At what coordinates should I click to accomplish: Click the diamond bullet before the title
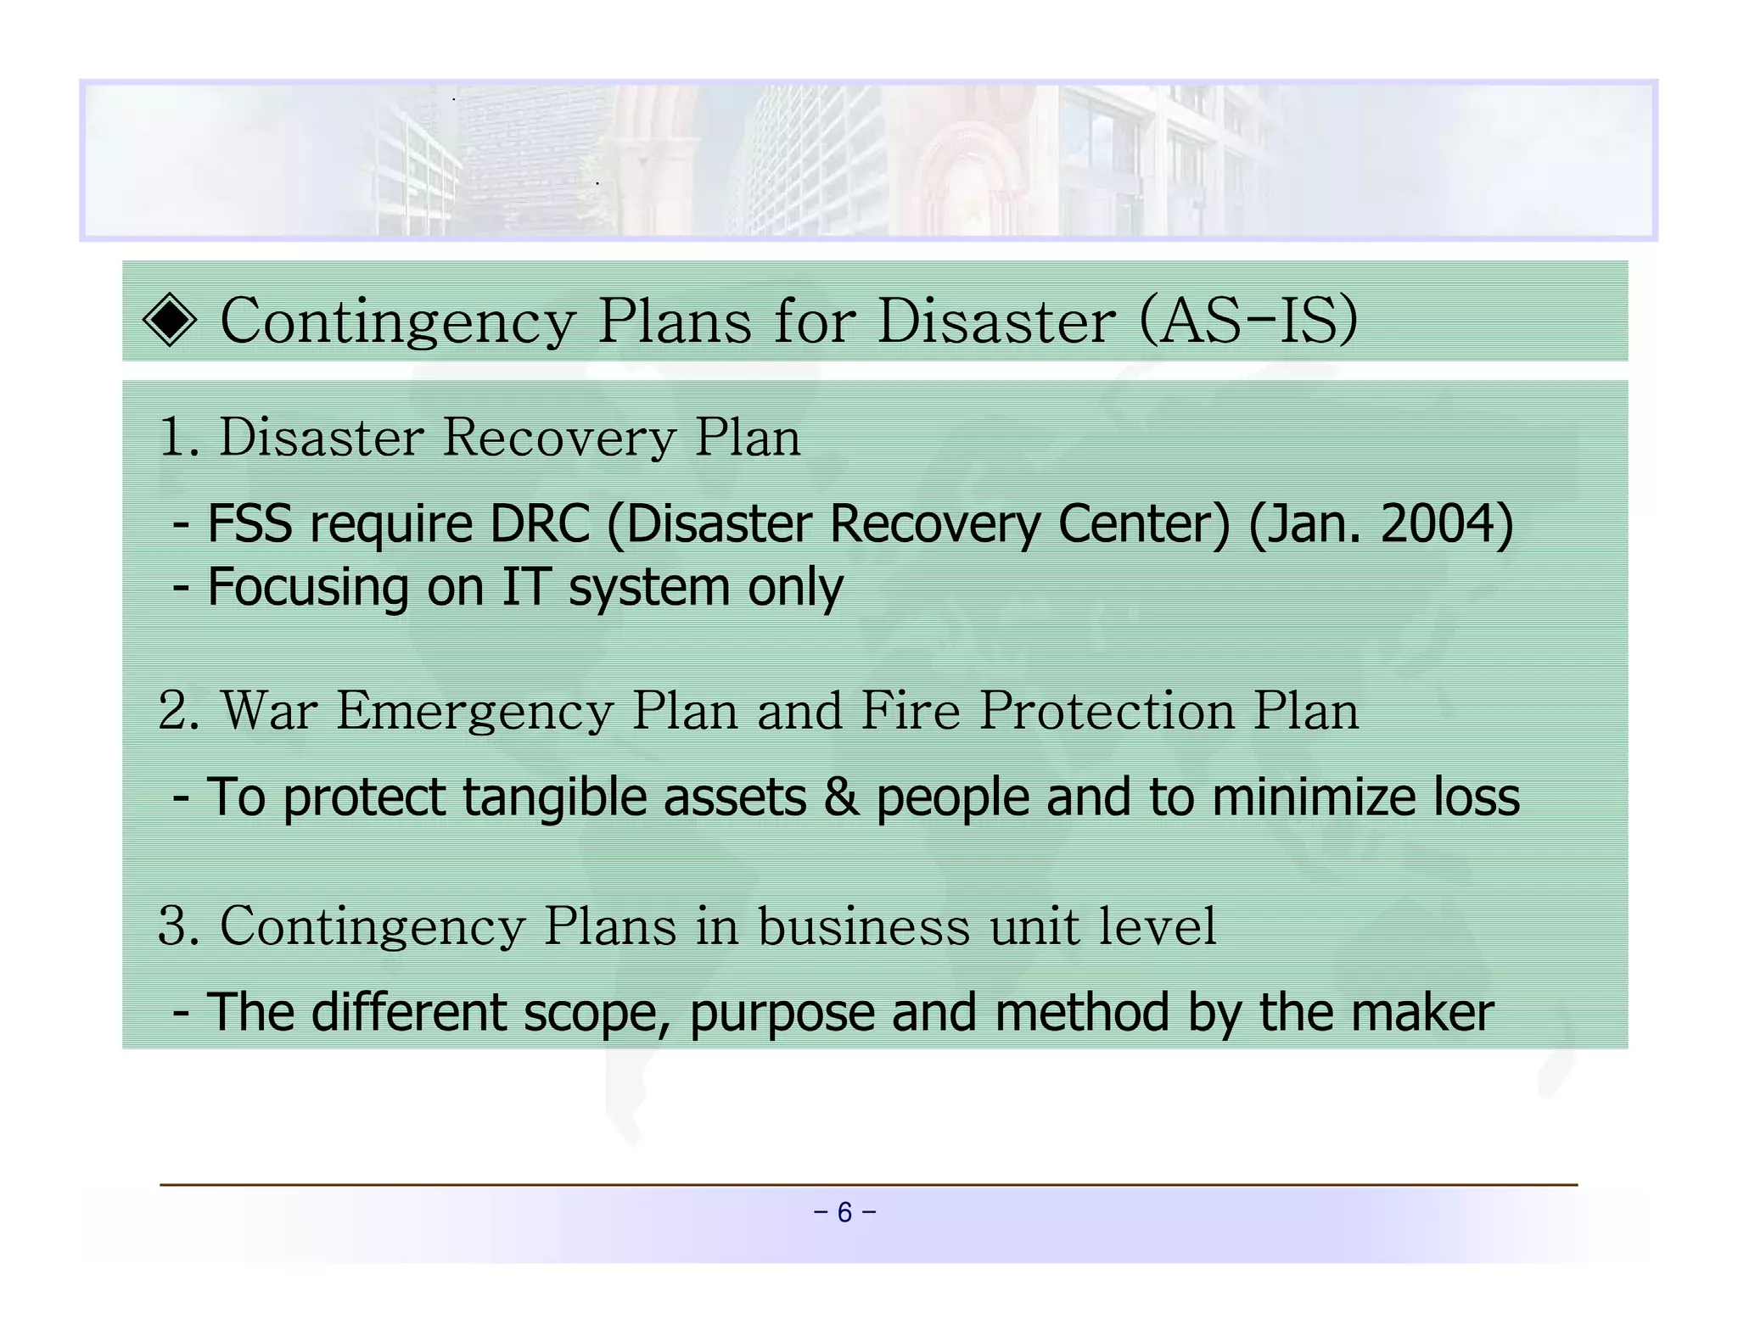[170, 321]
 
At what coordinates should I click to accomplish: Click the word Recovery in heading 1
[559, 438]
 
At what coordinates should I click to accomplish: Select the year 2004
[1438, 523]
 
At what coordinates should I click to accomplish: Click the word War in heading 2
[270, 710]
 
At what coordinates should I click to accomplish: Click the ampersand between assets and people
[840, 797]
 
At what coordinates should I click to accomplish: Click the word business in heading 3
[863, 925]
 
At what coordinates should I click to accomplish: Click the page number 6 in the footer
[844, 1212]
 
